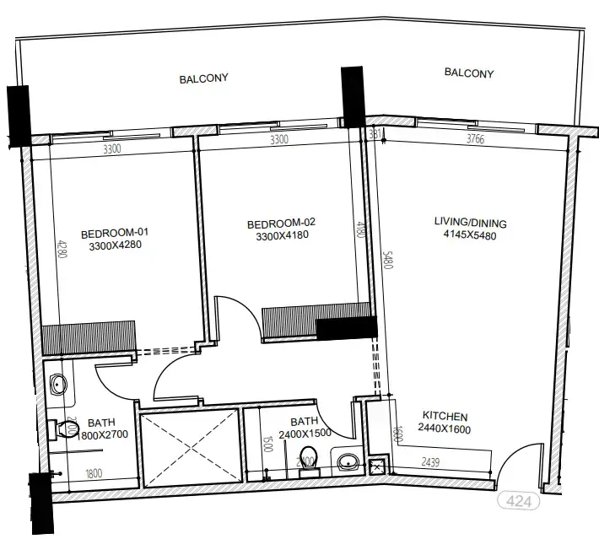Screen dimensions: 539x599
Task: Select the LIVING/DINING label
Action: pyautogui.click(x=470, y=223)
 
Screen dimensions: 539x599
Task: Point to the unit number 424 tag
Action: pyautogui.click(x=520, y=501)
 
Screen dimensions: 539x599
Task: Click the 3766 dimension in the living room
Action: pyautogui.click(x=475, y=140)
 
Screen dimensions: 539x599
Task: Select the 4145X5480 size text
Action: pyautogui.click(x=470, y=236)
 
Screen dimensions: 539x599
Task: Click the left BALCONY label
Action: pyautogui.click(x=203, y=78)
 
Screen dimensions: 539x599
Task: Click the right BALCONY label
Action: pyautogui.click(x=468, y=73)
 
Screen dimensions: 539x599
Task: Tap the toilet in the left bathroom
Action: pyautogui.click(x=59, y=430)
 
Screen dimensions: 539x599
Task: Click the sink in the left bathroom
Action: pyautogui.click(x=58, y=385)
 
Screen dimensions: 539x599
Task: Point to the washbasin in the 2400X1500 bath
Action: pyautogui.click(x=346, y=461)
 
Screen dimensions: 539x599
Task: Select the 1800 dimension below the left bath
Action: pyautogui.click(x=92, y=473)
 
